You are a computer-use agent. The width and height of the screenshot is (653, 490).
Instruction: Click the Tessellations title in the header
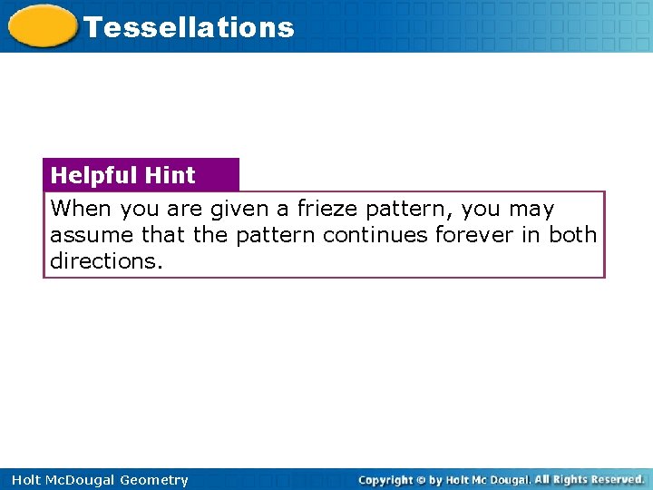[x=189, y=27]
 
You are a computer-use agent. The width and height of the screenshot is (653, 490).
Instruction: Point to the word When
[x=81, y=209]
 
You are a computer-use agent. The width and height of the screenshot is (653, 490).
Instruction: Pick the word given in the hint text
[x=239, y=209]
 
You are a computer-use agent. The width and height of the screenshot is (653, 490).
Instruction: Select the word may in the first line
[x=531, y=209]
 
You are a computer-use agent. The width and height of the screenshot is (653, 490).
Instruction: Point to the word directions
[x=104, y=260]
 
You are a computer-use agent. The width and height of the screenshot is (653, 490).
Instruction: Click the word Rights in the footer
[x=563, y=479]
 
